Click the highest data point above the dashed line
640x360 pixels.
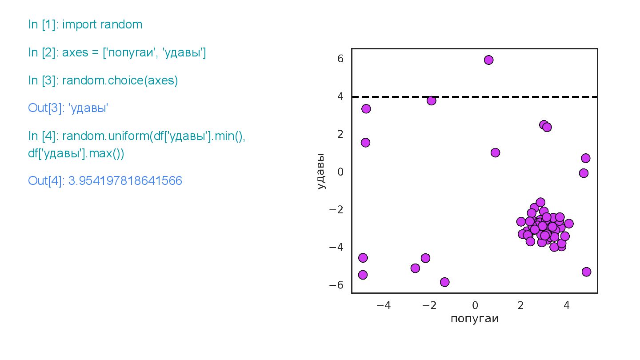(488, 60)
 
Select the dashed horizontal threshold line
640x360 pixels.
(533, 96)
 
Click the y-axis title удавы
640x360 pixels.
(321, 171)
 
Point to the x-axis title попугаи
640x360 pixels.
(474, 319)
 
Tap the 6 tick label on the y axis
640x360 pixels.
(340, 59)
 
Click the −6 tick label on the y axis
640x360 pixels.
(338, 285)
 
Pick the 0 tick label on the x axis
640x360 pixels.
(475, 306)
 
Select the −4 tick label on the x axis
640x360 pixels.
(383, 306)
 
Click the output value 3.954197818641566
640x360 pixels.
(125, 181)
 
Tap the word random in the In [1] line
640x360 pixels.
(121, 25)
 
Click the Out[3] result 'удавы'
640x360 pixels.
(88, 108)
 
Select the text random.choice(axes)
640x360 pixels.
(120, 81)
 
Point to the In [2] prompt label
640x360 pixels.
(43, 53)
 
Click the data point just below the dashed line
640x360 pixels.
(431, 100)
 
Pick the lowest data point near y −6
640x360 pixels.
(444, 282)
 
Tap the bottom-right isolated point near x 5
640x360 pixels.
(586, 272)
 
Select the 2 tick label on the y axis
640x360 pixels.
(340, 134)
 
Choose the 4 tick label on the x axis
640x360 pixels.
(566, 306)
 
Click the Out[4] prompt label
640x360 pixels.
(46, 181)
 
